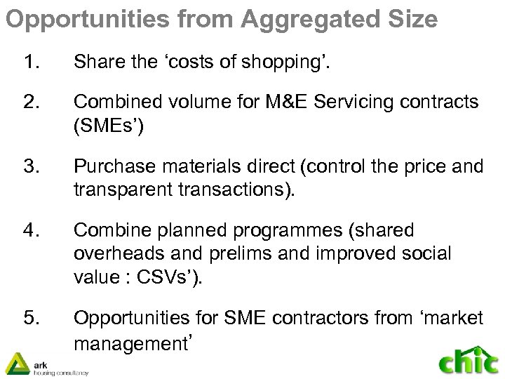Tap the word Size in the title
[x=410, y=18]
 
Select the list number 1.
[x=31, y=64]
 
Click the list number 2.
[x=31, y=102]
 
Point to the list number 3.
[x=31, y=166]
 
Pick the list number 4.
[x=31, y=230]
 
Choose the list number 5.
[x=31, y=319]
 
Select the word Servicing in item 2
[x=361, y=102]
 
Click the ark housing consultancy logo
[x=46, y=363]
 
